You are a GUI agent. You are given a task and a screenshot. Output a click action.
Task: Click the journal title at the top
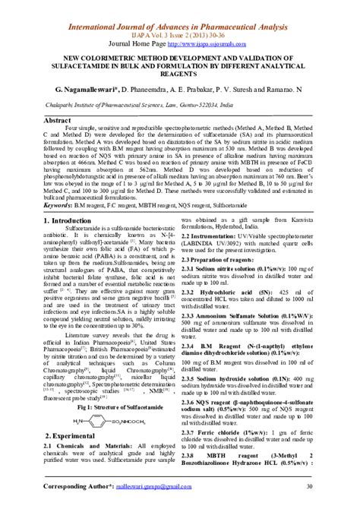(x=180, y=8)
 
